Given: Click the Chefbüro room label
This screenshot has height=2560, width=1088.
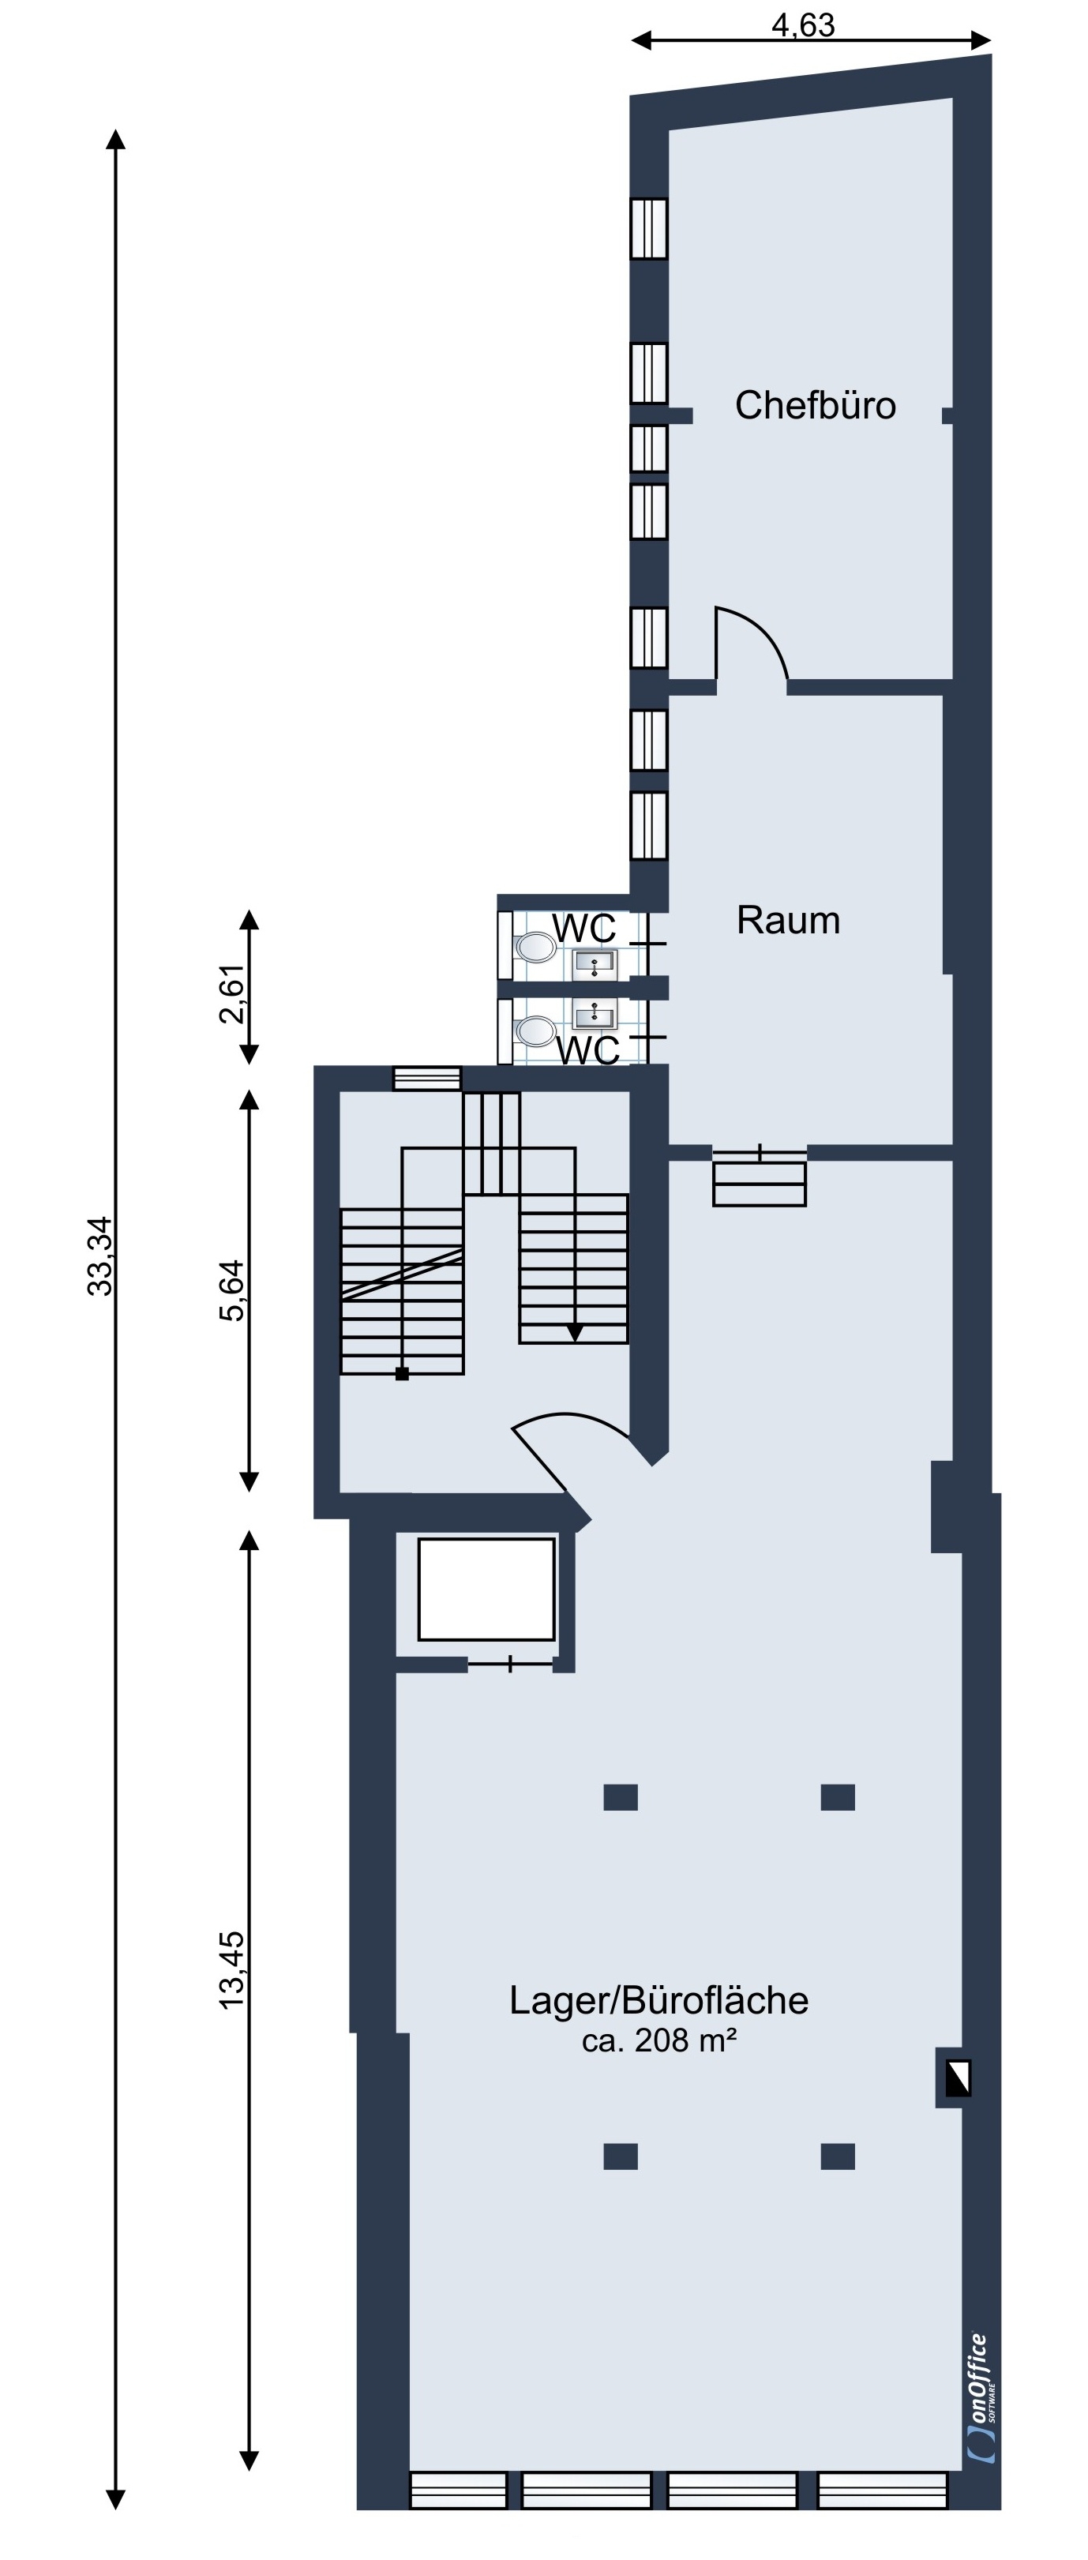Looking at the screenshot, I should click(x=815, y=405).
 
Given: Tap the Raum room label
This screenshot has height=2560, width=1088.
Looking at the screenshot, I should click(x=788, y=920).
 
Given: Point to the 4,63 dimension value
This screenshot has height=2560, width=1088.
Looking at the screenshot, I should click(x=803, y=24).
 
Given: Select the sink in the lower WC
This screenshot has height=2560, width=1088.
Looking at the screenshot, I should click(x=595, y=1015).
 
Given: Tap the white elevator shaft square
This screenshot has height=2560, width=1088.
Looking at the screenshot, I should click(x=486, y=1589).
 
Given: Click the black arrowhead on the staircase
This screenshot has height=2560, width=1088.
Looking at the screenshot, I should click(x=574, y=1333).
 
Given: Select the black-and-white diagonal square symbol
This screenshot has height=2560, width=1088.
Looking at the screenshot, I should click(x=957, y=2078).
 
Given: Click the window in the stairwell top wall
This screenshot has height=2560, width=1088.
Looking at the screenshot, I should click(x=427, y=1079).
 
